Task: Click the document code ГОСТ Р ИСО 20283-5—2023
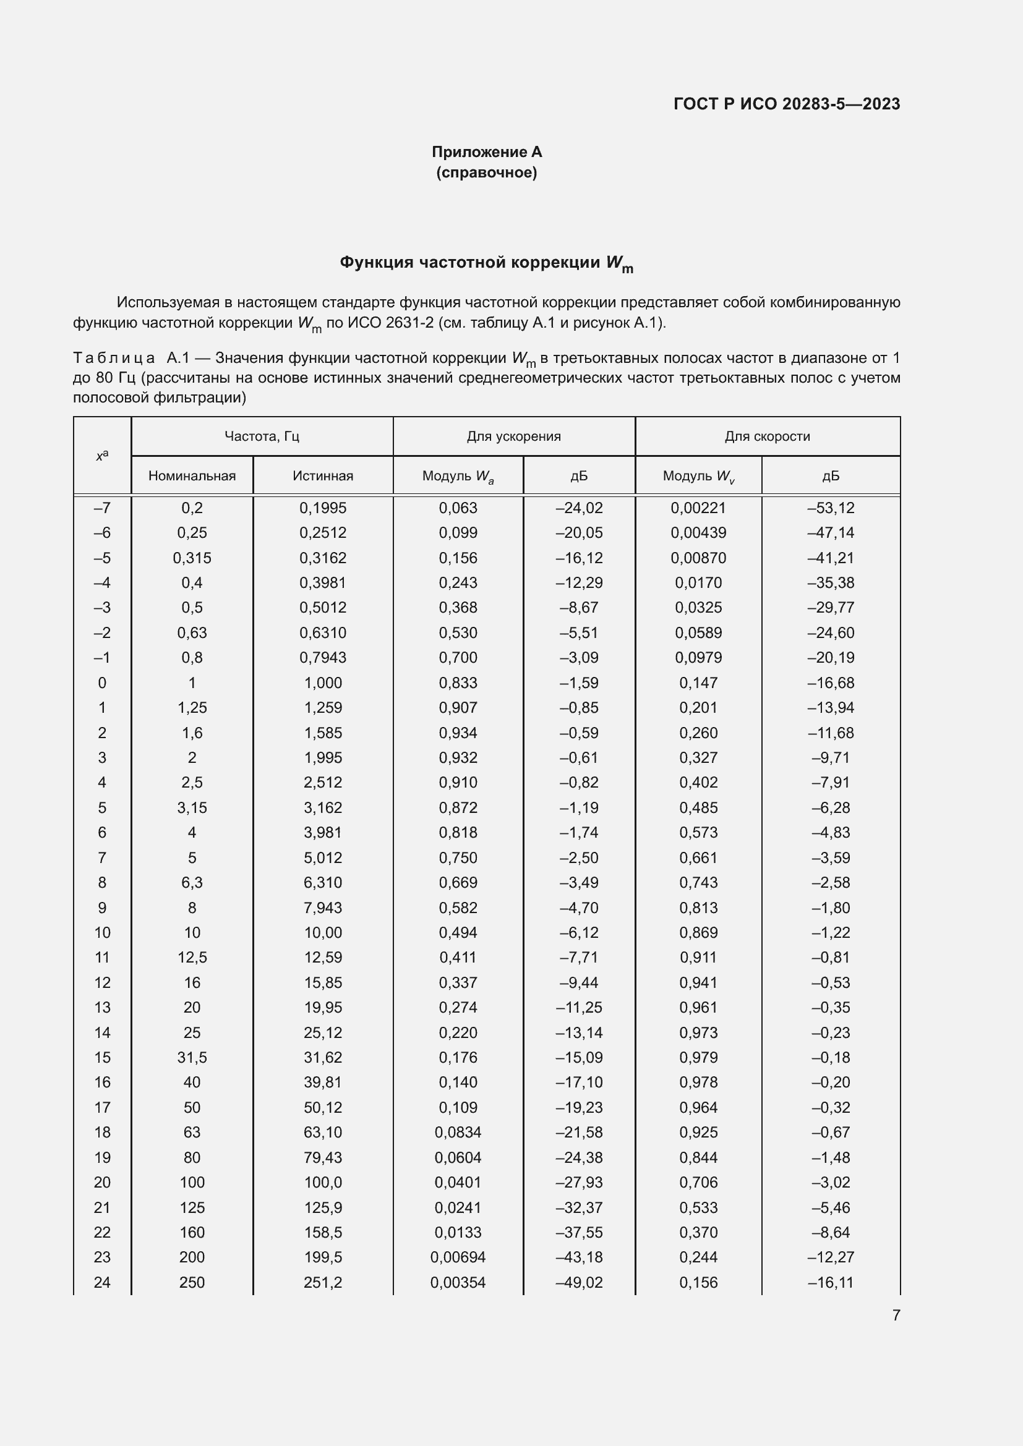click(x=786, y=104)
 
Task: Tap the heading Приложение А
click(x=486, y=152)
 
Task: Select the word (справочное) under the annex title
click(x=486, y=172)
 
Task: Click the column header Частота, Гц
click(x=262, y=436)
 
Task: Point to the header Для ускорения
click(x=513, y=436)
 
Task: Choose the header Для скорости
click(x=766, y=436)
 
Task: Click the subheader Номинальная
click(x=192, y=475)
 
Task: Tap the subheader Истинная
click(x=322, y=475)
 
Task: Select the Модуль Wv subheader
click(x=698, y=476)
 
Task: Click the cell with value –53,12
click(x=830, y=508)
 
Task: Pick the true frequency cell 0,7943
click(x=322, y=658)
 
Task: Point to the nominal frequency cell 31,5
click(x=192, y=1057)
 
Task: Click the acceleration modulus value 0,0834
click(x=458, y=1133)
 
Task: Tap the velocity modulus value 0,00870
click(x=698, y=558)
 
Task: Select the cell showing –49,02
click(x=578, y=1282)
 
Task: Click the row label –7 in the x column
click(x=101, y=508)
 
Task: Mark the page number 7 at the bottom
click(x=896, y=1315)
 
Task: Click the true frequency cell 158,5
click(x=322, y=1232)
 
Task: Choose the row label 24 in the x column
click(x=101, y=1282)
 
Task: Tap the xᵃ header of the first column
click(x=101, y=456)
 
